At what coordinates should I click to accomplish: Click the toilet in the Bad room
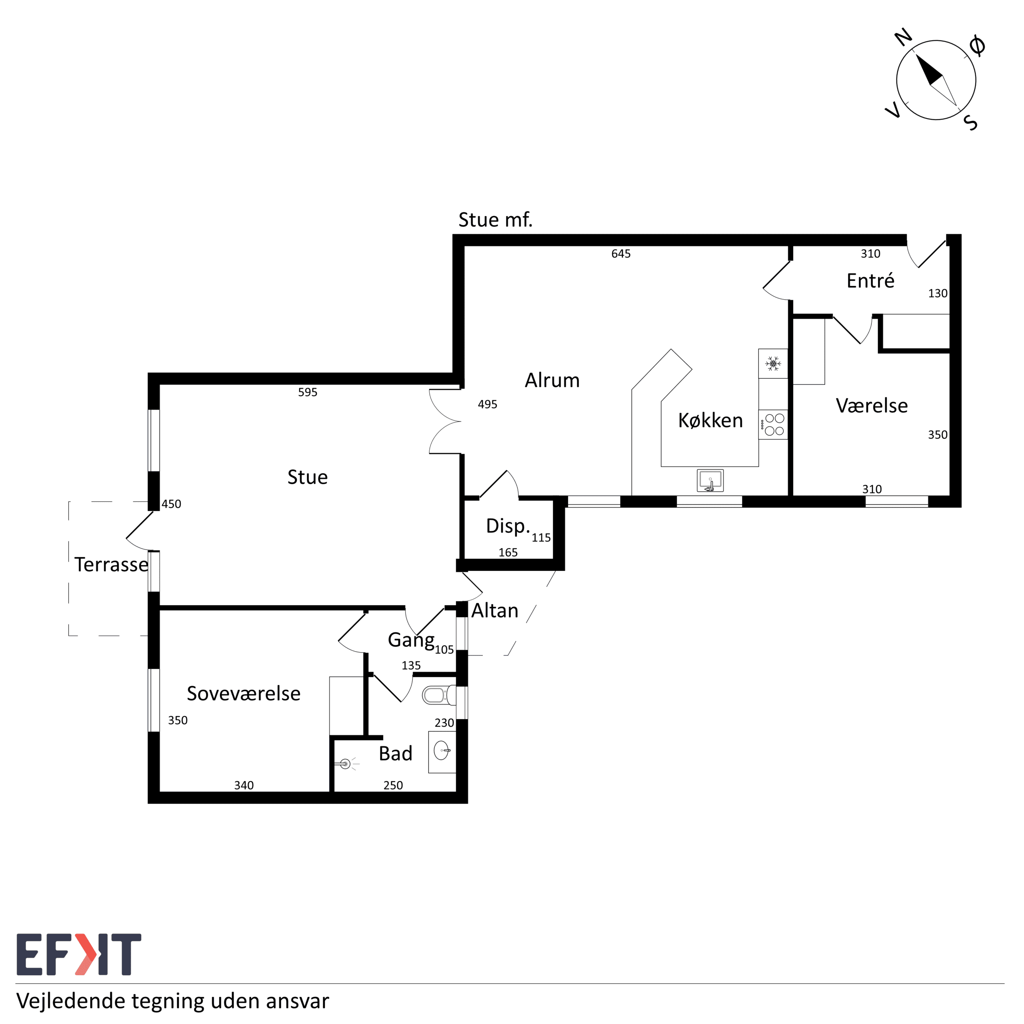(x=439, y=695)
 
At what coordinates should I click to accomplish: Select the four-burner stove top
(x=773, y=424)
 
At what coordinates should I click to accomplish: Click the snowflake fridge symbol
(x=773, y=364)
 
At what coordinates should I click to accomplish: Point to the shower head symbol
(x=346, y=764)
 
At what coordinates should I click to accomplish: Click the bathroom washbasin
(x=442, y=752)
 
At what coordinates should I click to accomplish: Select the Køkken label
(x=710, y=420)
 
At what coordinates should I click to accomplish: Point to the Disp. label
(x=508, y=526)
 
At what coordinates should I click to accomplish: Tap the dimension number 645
(x=621, y=254)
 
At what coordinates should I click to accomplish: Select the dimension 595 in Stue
(x=308, y=392)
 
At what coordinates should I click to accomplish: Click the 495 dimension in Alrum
(x=487, y=404)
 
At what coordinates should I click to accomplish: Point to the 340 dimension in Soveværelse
(x=244, y=786)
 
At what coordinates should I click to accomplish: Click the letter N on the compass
(x=903, y=38)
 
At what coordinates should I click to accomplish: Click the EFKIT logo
(x=79, y=954)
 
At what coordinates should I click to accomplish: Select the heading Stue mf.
(x=495, y=220)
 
